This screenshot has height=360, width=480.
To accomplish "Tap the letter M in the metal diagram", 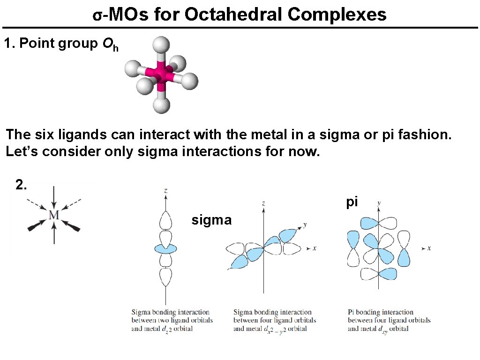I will click(54, 215).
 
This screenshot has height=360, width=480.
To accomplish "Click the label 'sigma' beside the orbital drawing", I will click(211, 220).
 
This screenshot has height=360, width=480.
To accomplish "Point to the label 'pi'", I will click(352, 202).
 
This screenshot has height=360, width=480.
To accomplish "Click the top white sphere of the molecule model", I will click(161, 45).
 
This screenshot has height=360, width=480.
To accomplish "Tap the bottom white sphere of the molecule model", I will click(162, 105).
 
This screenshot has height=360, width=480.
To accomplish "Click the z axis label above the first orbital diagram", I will click(166, 191).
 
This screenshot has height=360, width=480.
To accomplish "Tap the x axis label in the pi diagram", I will click(429, 248).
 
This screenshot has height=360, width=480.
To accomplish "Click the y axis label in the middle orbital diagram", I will click(305, 225).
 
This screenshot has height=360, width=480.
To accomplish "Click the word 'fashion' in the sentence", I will click(423, 135).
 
